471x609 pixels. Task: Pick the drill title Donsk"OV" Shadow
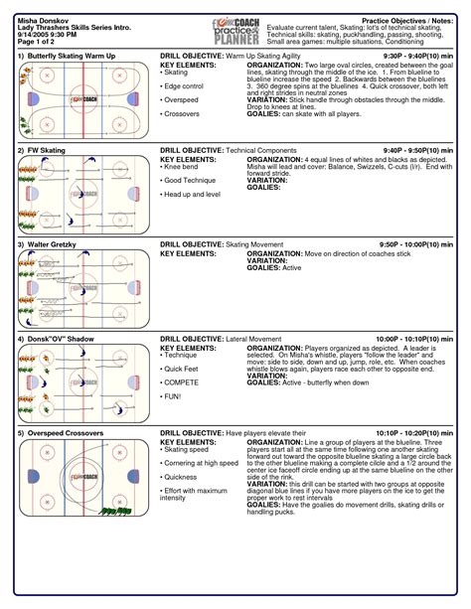click(x=58, y=339)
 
